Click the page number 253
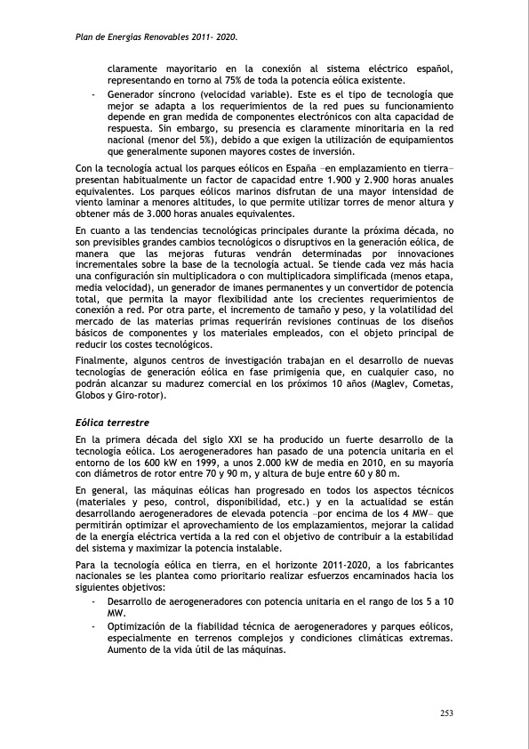tap(447, 714)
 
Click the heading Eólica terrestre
tap(112, 422)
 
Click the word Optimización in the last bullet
tap(140, 626)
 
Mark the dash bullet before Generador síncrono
tap(94, 93)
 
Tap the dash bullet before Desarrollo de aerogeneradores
tap(94, 602)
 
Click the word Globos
tap(91, 396)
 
